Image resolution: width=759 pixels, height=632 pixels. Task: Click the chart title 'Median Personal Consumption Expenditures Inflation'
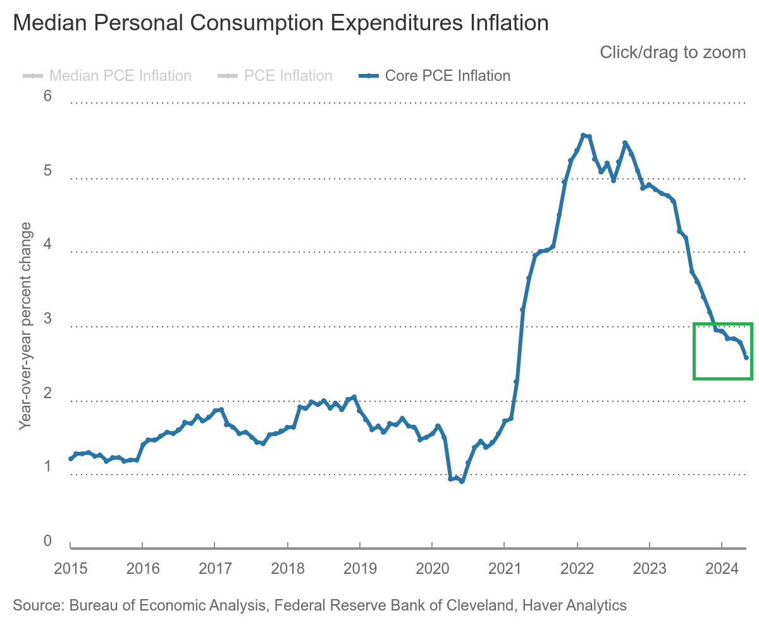(281, 23)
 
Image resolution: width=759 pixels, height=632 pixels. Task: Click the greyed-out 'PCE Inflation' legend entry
(288, 76)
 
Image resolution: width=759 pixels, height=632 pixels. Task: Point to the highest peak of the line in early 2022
(583, 135)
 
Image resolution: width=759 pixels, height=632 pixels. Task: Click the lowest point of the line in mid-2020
(462, 482)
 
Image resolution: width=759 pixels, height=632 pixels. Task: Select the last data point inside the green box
(746, 358)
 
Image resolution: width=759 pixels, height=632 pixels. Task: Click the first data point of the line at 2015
(70, 459)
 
